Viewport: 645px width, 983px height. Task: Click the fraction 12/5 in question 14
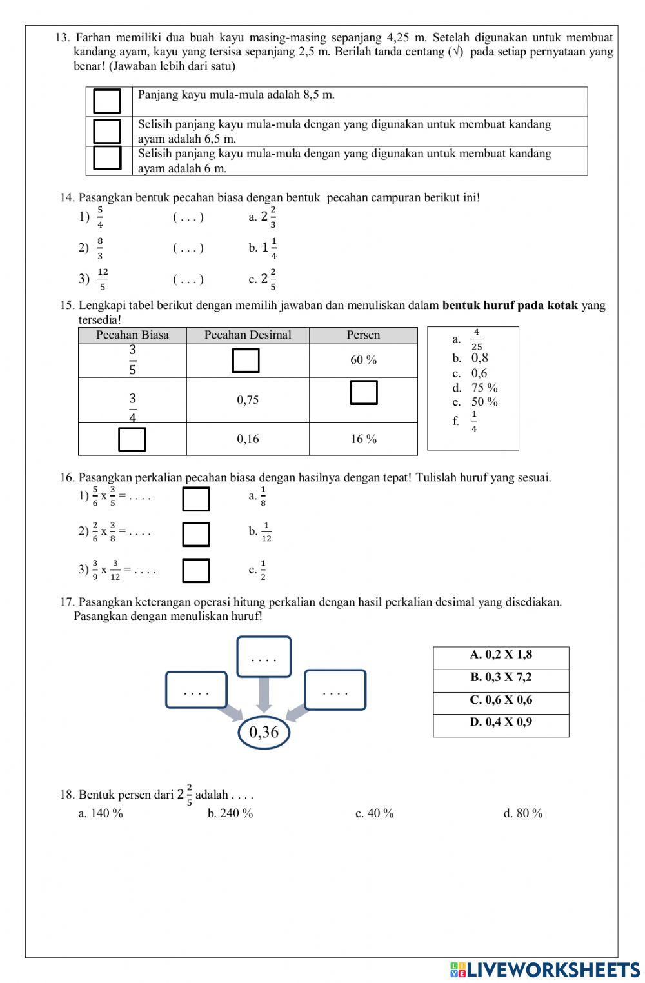point(103,279)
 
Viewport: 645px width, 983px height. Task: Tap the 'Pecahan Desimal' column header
point(248,335)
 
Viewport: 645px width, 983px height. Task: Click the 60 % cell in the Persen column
point(363,360)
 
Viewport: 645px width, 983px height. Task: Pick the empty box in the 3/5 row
point(246,361)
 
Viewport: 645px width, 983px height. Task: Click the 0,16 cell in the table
point(248,439)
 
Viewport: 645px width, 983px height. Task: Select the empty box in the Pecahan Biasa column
point(132,439)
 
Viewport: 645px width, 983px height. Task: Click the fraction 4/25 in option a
point(476,339)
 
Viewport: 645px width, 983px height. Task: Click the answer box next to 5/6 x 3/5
point(195,499)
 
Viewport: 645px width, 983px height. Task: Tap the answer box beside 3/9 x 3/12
point(195,571)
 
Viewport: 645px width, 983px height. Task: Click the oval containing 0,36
point(264,732)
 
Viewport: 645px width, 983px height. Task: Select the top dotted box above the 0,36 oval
point(264,657)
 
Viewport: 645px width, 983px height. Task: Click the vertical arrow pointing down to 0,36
point(264,694)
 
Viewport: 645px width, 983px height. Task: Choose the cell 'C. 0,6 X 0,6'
point(501,700)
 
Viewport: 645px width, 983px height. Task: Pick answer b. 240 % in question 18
point(230,813)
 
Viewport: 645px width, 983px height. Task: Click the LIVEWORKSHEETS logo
point(545,969)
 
